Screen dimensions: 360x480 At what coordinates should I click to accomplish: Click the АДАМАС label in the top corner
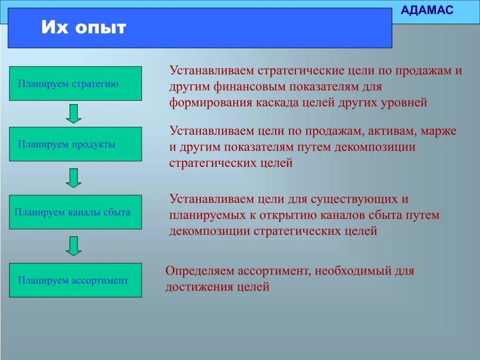(x=428, y=10)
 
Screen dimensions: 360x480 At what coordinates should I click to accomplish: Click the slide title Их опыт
(x=83, y=28)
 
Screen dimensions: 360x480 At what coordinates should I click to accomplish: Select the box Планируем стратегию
(x=75, y=83)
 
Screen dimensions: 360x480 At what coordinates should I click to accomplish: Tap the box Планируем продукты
(x=75, y=144)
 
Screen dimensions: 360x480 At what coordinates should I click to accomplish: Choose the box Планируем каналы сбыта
(x=75, y=212)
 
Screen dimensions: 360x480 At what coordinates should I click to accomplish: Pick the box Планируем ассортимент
(x=75, y=280)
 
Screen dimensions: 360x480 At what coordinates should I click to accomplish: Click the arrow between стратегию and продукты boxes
(x=74, y=113)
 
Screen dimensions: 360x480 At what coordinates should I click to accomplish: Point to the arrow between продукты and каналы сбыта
(x=74, y=178)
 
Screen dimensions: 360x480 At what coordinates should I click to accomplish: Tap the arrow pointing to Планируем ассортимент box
(x=74, y=246)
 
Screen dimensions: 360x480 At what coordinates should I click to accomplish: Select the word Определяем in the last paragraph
(x=199, y=271)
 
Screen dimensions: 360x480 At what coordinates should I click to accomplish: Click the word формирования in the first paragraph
(x=210, y=102)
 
